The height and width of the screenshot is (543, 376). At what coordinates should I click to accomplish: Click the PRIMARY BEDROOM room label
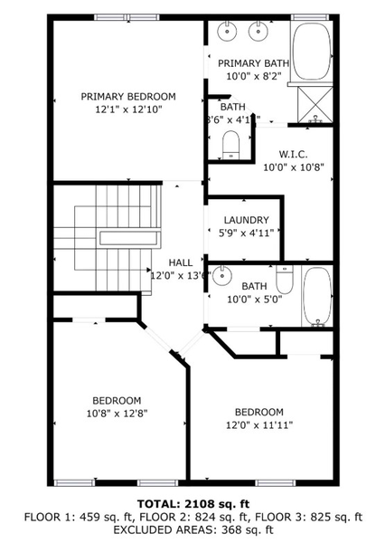coord(128,96)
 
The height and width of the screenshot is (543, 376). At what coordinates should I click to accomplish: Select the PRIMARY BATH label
coord(252,62)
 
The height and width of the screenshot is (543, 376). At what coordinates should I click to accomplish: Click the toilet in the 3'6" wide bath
coord(230,142)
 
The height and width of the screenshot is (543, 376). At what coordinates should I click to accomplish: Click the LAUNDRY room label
coord(246,220)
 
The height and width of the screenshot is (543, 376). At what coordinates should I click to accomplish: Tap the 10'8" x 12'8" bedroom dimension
coord(116,414)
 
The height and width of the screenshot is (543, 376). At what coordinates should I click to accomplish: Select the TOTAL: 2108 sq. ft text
coord(188,503)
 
